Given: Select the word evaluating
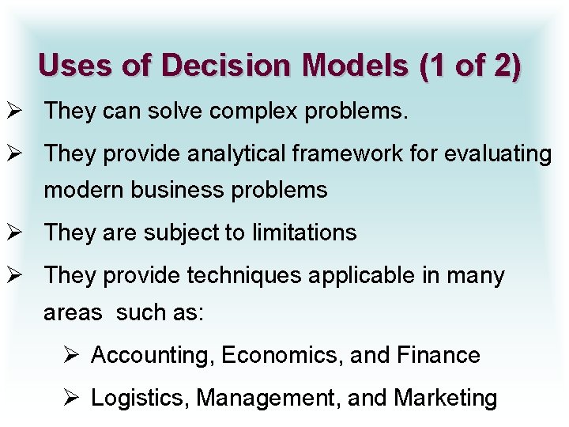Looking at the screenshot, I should point(498,154).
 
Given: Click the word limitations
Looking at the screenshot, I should point(304,233).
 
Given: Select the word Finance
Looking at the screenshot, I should point(438,356).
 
